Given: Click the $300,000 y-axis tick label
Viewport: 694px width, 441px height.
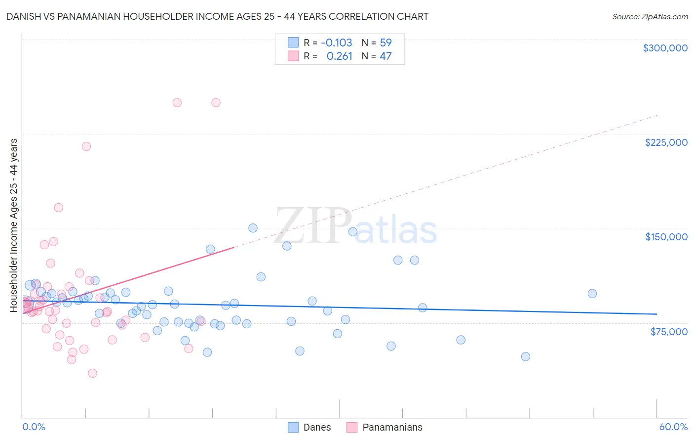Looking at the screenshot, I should [665, 48].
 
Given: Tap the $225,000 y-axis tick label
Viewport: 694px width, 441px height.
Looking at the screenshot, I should [666, 142].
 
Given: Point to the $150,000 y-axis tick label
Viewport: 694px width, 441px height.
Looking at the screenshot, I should [666, 237].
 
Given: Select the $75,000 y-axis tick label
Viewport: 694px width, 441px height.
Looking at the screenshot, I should [669, 332].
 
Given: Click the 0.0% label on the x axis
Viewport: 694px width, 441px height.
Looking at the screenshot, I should [34, 427].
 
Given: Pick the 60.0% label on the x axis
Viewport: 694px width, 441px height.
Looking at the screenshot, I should [673, 427].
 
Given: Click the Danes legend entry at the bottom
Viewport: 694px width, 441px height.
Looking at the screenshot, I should [317, 427].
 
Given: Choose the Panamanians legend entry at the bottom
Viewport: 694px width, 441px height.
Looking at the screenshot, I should [392, 427].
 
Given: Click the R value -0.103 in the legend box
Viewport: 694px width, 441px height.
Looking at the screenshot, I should [337, 43].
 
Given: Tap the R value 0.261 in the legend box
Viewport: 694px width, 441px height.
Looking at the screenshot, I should [340, 56].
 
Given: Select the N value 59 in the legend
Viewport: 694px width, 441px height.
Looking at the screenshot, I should [386, 43].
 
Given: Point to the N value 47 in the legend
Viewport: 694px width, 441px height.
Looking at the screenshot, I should [386, 56].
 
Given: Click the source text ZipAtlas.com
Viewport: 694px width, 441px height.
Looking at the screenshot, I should [664, 17].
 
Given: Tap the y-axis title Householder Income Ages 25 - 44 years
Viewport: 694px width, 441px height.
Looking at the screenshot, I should [14, 225].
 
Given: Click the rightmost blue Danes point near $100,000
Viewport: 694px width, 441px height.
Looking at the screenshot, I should [592, 294].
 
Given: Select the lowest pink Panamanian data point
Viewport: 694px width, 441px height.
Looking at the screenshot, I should [92, 373].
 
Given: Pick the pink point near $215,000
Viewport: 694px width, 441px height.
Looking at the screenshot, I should [86, 146].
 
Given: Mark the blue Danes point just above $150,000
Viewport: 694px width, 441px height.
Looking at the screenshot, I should [253, 228].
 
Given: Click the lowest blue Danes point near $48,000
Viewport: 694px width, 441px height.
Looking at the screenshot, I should [526, 356].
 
